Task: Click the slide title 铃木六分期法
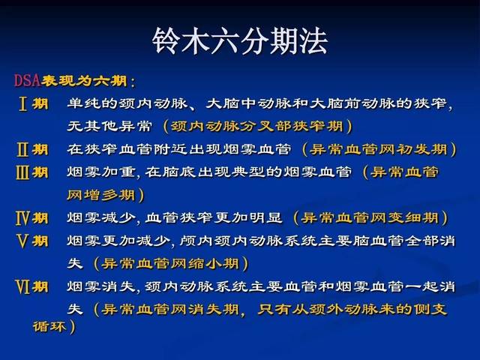click(240, 41)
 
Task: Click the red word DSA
click(27, 80)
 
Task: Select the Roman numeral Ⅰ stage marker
click(22, 103)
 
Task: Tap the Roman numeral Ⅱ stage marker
click(22, 150)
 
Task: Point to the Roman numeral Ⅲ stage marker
click(22, 172)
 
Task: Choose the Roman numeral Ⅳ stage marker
click(22, 218)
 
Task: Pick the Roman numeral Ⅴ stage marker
click(22, 241)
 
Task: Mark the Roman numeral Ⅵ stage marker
click(22, 286)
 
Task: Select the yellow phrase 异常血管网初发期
click(378, 150)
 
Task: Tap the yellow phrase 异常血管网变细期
click(370, 218)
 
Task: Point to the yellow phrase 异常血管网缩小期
click(170, 264)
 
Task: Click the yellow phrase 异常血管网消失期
click(170, 310)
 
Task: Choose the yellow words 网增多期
click(101, 195)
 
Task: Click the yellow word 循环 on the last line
click(49, 326)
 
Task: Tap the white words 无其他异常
click(109, 127)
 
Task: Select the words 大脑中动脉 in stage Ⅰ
click(248, 103)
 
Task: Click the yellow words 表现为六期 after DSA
click(85, 81)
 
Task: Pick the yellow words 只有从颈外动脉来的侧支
click(352, 310)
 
